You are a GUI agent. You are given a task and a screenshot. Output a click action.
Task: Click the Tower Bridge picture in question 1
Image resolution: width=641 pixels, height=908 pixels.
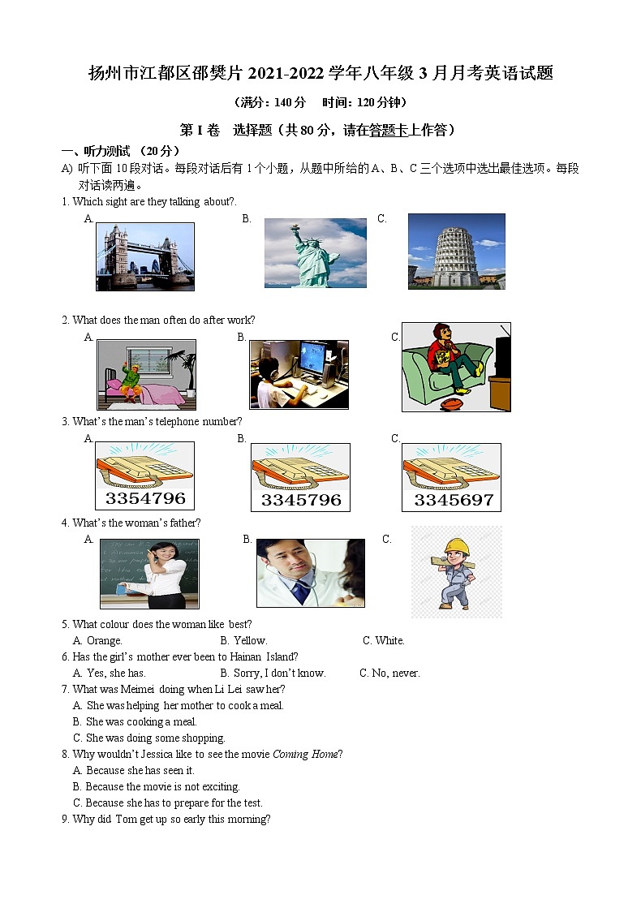coord(145,256)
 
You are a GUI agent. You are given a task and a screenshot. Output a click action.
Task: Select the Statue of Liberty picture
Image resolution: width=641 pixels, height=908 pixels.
coord(314,252)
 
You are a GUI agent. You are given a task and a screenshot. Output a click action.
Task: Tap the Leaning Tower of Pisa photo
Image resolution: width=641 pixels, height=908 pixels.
coord(456,251)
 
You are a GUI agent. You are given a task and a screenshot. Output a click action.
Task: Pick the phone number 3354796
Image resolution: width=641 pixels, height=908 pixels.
coord(145,498)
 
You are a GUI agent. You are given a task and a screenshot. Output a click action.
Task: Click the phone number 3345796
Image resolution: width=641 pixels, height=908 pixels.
coord(301,500)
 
